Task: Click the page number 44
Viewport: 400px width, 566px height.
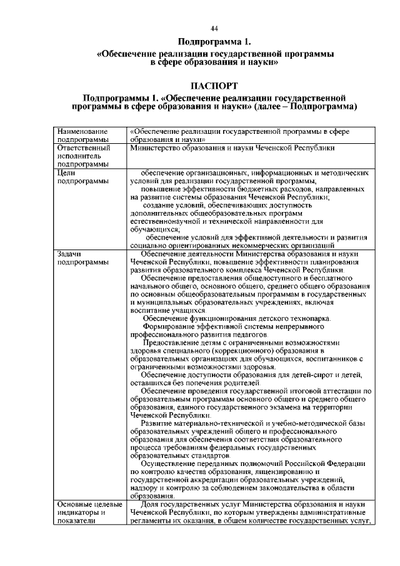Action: [x=214, y=29]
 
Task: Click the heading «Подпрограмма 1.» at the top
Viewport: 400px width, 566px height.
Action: [x=214, y=43]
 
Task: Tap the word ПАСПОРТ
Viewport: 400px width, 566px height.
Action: [x=214, y=84]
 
